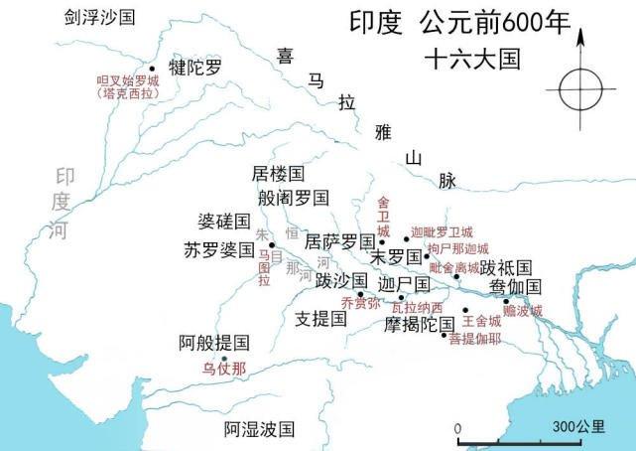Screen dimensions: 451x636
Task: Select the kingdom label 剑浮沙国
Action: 100,18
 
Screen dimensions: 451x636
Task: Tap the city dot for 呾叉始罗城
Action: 152,70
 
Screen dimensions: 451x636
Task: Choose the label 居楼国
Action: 277,174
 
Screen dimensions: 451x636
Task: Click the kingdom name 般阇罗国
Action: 293,198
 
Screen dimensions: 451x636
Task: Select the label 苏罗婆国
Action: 218,249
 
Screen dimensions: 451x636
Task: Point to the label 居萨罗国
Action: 338,241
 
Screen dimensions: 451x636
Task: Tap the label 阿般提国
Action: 213,343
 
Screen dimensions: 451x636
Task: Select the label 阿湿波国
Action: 260,429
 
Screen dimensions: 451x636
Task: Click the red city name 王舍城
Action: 481,321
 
